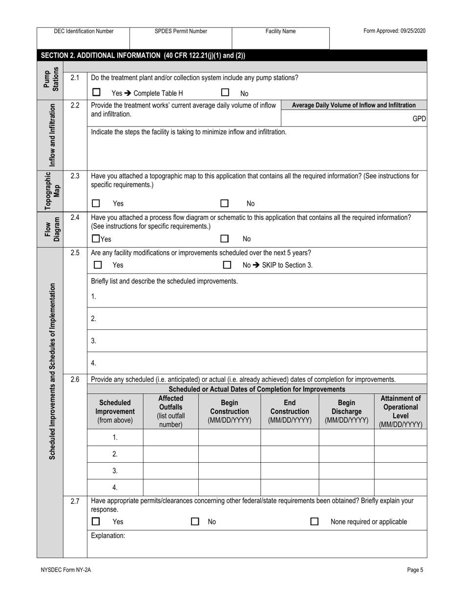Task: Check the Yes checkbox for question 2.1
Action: [96, 92]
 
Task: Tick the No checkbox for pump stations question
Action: [225, 92]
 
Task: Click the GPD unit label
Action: [419, 119]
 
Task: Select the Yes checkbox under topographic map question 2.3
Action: [96, 203]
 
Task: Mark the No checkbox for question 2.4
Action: [225, 239]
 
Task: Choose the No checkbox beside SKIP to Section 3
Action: [227, 265]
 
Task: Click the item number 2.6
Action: [75, 379]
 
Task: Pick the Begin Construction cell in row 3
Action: [229, 471]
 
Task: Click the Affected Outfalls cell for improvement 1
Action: [170, 438]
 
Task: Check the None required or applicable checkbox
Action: [315, 522]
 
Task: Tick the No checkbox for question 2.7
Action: [195, 522]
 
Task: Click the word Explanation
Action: [108, 536]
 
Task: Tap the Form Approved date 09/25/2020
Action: [394, 31]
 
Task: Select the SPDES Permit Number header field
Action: [181, 31]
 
